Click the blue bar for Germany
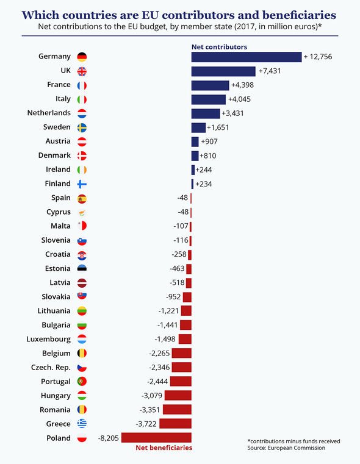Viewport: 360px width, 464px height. tap(246, 57)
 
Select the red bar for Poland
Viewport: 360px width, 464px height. tap(156, 438)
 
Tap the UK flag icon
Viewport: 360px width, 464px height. tap(82, 71)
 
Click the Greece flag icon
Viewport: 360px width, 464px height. tap(82, 424)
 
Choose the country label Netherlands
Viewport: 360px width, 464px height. tap(49, 113)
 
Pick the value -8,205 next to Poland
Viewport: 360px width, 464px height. tap(108, 438)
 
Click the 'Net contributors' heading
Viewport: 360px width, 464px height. tap(219, 46)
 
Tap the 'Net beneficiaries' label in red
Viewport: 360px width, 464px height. tap(163, 448)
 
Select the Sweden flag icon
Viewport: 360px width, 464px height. tap(82, 127)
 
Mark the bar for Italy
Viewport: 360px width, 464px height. tap(208, 99)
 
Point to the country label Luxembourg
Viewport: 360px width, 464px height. tap(49, 339)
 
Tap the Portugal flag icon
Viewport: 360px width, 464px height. tap(82, 382)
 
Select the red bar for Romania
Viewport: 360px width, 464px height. tap(177, 410)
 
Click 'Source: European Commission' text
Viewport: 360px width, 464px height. tap(286, 448)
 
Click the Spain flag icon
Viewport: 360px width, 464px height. tap(82, 198)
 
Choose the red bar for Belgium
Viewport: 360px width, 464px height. tap(181, 353)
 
